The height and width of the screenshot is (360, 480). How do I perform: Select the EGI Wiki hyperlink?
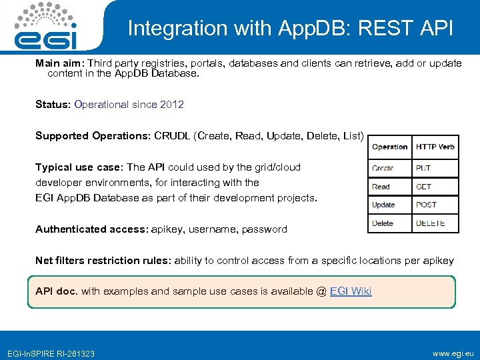351,291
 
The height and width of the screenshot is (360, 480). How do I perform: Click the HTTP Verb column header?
435,147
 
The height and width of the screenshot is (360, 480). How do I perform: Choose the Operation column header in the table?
389,147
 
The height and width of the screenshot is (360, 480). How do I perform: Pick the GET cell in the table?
423,187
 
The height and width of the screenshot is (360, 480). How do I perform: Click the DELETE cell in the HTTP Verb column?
430,223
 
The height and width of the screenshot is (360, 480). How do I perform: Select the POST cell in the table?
426,205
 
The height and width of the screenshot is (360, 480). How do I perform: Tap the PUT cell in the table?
423,169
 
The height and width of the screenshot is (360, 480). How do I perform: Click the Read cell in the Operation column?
381,187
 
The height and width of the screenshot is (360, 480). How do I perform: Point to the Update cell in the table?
383,205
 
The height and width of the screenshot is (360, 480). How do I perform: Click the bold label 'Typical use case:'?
79,167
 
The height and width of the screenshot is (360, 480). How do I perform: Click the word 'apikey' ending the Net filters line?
439,261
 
